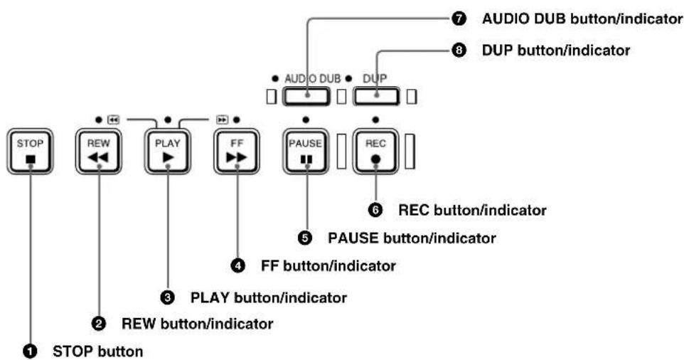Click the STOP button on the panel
tap(30, 152)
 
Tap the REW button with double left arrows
tap(99, 152)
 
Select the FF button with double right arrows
tap(237, 152)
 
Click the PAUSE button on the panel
tap(306, 152)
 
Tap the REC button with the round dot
tap(375, 152)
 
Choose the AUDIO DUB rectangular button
tap(306, 97)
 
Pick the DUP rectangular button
tap(376, 97)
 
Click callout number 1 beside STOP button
tap(30, 351)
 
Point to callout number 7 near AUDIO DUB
tap(459, 18)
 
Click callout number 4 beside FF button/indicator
tap(237, 265)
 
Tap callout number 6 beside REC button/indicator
tap(375, 210)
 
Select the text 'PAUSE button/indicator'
tap(412, 238)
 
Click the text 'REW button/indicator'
tap(197, 324)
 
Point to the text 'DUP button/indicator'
tap(556, 51)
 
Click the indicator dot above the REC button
tap(375, 120)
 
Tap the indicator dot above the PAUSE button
tap(306, 120)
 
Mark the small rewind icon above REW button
tap(114, 120)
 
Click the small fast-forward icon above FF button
tap(223, 120)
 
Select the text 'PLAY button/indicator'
tap(269, 298)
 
